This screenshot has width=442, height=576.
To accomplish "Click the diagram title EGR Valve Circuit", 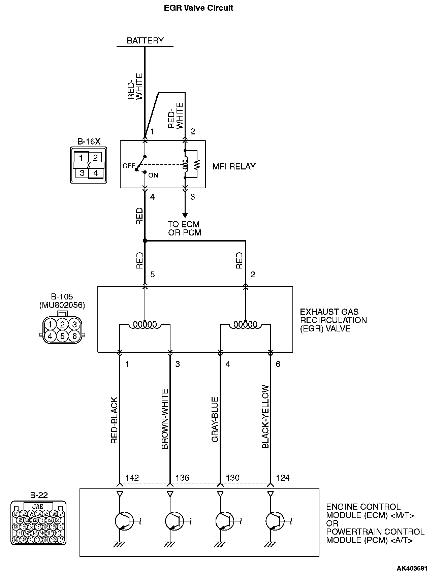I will point(198,8).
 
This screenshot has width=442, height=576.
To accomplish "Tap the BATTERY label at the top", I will point(145,40).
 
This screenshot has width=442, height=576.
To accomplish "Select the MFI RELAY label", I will point(234,166).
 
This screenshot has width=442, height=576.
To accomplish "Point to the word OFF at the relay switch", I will point(128,166).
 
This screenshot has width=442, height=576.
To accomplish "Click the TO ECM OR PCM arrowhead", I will point(185,215).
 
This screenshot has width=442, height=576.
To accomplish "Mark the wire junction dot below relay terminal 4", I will point(145,241).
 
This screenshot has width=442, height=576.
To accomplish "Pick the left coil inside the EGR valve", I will point(145,325).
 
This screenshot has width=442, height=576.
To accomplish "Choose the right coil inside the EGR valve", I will point(245,325).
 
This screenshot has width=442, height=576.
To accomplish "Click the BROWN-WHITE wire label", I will point(165,419).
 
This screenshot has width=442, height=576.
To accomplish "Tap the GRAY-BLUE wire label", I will point(215,419).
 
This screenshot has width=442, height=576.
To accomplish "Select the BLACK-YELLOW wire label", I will point(265,417).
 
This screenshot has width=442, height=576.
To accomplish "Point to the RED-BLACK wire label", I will point(115,420).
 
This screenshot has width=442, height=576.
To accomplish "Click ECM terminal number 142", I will point(132,478).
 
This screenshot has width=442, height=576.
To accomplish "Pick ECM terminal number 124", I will point(283,478).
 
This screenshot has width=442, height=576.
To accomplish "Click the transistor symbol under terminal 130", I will point(224,521).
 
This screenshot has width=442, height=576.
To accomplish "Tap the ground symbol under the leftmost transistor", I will point(120,544).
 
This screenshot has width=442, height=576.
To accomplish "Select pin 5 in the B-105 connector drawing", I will point(62,336).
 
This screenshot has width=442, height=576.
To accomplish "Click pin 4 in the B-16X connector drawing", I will point(96,173).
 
